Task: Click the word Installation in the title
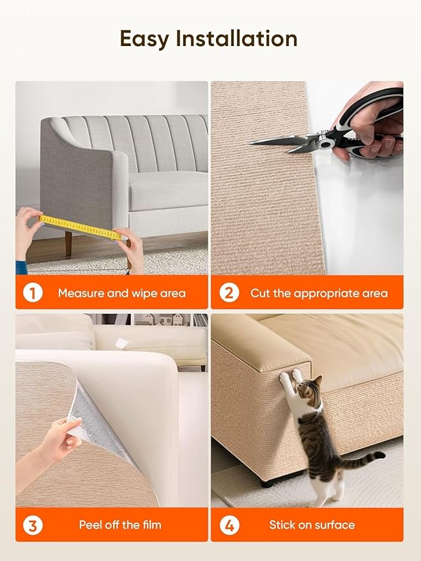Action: click(236, 39)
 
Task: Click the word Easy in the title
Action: click(145, 39)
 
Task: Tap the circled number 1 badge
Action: click(33, 293)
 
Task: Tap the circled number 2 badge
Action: click(229, 293)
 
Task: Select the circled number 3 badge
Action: click(33, 525)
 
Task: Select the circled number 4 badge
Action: click(229, 525)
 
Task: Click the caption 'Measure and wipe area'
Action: click(121, 294)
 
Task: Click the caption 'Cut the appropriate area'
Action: click(319, 294)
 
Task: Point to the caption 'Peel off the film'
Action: click(120, 525)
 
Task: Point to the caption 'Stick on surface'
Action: click(312, 525)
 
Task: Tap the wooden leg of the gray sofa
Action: click(68, 243)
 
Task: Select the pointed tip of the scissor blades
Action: click(253, 143)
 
